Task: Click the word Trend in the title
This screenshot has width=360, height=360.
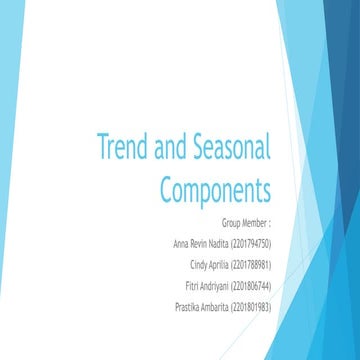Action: pos(120,149)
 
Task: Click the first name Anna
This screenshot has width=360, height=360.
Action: pos(182,244)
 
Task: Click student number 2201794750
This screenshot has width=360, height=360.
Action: pos(254,244)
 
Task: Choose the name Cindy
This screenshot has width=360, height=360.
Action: pos(200,264)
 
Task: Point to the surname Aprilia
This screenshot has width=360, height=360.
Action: pos(221,264)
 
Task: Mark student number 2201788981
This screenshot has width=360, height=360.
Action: pos(253,264)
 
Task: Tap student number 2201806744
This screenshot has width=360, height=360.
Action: pos(253,285)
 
